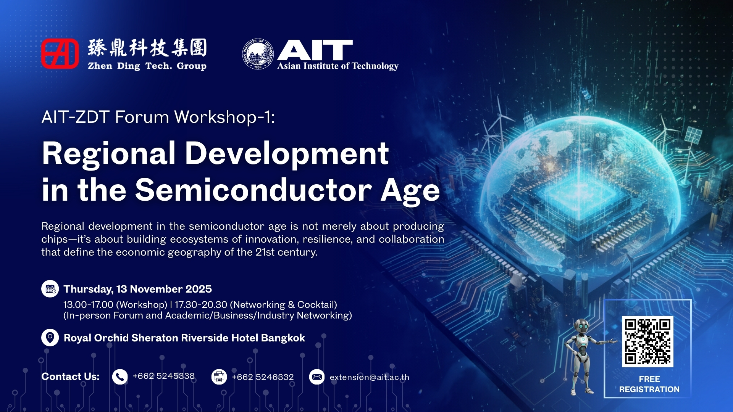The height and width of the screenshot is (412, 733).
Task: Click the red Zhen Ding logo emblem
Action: point(60,54)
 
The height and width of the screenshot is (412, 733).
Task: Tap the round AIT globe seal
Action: point(258,54)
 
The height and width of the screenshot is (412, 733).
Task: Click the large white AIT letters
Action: point(315,50)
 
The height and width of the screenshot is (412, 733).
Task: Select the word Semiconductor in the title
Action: point(253,190)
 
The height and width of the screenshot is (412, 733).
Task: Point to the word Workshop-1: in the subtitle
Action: point(224,117)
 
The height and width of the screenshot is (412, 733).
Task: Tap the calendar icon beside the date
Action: point(50,289)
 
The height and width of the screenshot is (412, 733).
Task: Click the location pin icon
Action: point(50,338)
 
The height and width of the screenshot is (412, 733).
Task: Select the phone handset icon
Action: point(120,377)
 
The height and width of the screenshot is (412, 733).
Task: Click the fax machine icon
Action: point(219,377)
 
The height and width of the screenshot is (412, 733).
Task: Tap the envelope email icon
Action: point(317,377)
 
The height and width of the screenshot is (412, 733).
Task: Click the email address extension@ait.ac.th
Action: point(370,377)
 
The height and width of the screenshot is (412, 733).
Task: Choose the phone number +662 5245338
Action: point(163,376)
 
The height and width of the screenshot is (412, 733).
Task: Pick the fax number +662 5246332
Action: point(263,377)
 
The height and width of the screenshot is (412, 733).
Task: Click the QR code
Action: point(647,341)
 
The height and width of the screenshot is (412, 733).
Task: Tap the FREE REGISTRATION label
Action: point(649,384)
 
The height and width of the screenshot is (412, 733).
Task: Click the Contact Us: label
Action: point(70,377)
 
